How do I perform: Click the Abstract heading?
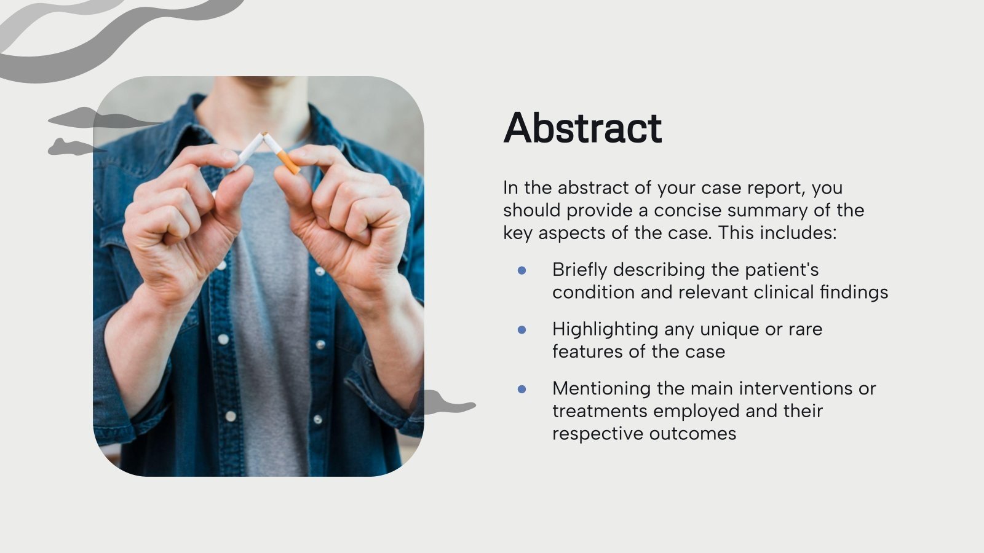[582, 128]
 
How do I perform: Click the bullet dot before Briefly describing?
[522, 270]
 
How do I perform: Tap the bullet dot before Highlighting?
[522, 329]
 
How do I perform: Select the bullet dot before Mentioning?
[522, 389]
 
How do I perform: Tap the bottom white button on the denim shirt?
[231, 416]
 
